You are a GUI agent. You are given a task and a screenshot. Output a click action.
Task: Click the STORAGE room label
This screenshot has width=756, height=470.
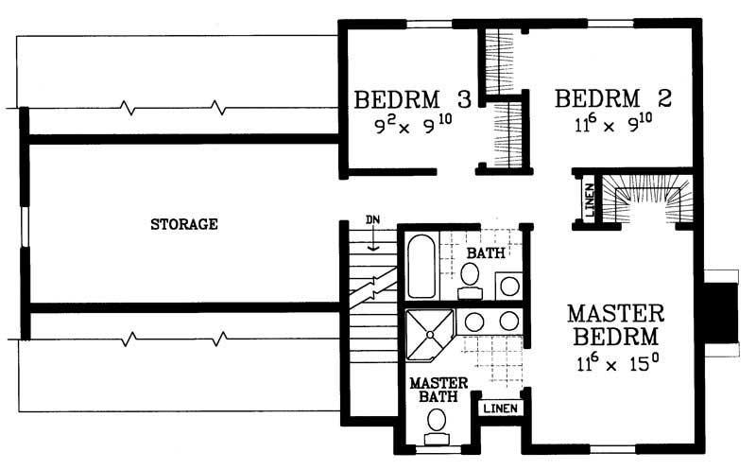185,225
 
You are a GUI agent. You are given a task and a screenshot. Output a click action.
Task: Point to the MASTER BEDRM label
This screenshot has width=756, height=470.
616,324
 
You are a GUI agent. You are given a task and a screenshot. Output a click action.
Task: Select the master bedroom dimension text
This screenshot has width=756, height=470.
615,361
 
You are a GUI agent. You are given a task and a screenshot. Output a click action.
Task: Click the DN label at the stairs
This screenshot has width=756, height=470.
374,222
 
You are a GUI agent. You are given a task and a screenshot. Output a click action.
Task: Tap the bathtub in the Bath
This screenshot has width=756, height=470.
422,267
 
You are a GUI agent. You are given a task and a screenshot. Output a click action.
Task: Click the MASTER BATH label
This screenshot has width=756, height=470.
434,391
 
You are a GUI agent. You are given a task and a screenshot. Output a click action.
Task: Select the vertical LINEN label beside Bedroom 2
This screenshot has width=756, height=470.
587,201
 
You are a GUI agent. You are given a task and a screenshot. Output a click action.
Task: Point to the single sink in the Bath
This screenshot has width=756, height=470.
508,283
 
